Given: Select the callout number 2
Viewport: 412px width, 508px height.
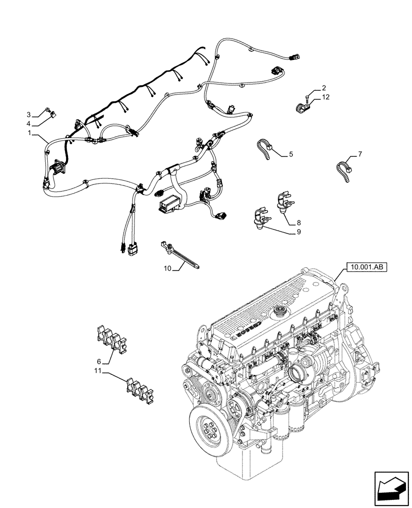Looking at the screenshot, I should [324, 88].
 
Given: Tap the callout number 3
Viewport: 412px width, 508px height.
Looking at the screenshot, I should [29, 114].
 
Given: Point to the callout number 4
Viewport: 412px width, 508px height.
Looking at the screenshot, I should [29, 123].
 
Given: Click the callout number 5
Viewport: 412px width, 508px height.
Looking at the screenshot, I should [291, 153].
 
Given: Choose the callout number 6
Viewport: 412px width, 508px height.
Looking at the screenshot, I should [100, 361].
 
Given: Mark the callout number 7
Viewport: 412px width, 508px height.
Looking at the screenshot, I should [360, 153].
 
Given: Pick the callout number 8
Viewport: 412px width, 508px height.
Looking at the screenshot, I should [298, 222].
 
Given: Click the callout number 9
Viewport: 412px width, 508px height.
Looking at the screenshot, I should [298, 232].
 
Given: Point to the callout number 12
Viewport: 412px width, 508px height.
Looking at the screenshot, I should [325, 97].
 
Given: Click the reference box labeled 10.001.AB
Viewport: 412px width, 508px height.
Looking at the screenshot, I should [364, 266].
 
